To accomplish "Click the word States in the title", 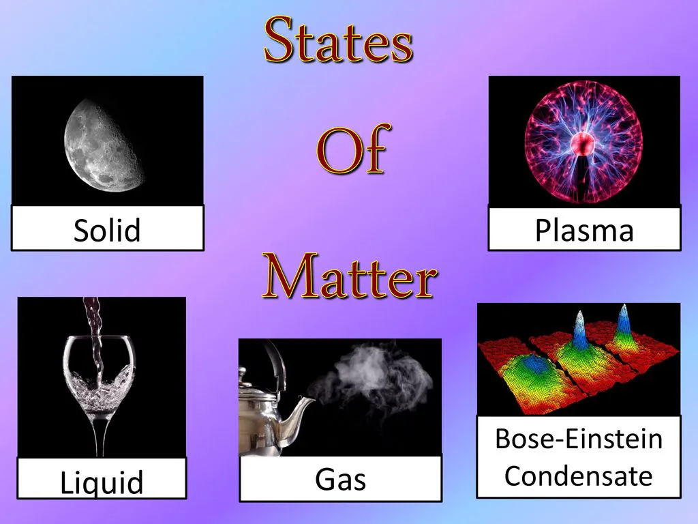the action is point(338,40).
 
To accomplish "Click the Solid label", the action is point(107,230).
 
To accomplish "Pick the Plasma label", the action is point(584,231).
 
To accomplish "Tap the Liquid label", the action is point(102,482).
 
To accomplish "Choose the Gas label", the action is point(341,480).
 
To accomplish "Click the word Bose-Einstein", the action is point(579,439).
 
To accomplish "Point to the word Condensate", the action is point(579,476).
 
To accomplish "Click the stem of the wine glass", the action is point(100,435).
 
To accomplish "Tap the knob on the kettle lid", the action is point(243,373).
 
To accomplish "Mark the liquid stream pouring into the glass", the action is point(95,338).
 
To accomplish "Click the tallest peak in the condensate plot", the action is point(579,330).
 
